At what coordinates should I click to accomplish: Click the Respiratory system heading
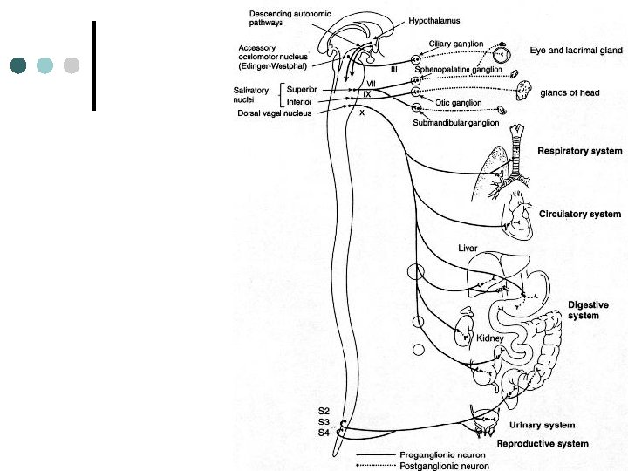[578, 151]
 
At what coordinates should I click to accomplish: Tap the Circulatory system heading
[580, 214]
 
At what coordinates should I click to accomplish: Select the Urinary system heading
[541, 426]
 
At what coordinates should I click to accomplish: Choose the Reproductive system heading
[542, 444]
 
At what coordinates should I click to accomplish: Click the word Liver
[468, 248]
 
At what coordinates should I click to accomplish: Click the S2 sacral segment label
[324, 410]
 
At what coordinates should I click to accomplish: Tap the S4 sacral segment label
[324, 432]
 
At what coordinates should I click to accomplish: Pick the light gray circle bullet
[72, 65]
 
